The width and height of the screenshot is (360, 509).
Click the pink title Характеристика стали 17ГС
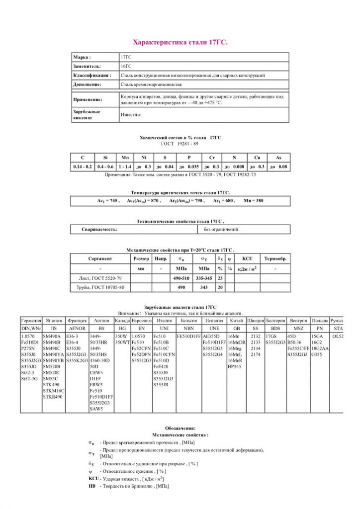click(x=180, y=43)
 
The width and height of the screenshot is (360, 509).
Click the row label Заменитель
click(x=87, y=66)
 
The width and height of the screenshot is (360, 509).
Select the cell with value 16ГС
click(x=126, y=66)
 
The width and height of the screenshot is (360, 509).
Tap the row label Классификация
click(x=92, y=76)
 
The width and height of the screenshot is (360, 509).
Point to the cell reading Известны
click(x=131, y=115)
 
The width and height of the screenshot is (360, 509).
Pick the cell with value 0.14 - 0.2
click(x=83, y=167)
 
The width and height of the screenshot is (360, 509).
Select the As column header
click(x=278, y=158)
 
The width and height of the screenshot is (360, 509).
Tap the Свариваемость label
click(x=99, y=230)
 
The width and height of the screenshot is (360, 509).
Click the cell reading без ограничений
click(x=222, y=230)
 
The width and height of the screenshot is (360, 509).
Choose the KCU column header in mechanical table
click(x=248, y=259)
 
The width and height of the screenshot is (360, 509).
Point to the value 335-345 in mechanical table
click(x=204, y=278)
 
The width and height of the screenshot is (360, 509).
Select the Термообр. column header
click(x=275, y=259)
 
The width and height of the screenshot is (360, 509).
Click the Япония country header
click(x=53, y=321)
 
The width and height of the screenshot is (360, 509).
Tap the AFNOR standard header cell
click(x=77, y=329)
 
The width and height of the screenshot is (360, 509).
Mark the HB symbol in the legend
click(x=92, y=486)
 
